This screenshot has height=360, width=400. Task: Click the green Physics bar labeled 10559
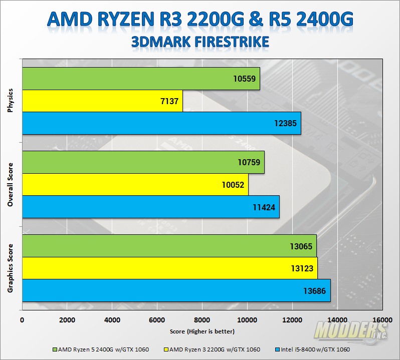(141, 79)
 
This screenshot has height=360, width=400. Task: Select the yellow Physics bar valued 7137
(102, 101)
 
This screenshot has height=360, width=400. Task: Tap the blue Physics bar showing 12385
(161, 123)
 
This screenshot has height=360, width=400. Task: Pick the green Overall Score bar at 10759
(143, 162)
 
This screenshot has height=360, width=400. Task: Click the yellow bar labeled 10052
(135, 185)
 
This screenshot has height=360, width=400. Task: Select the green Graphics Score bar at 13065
(169, 245)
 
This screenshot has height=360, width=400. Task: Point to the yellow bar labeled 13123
(169, 268)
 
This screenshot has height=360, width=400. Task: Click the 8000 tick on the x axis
(202, 320)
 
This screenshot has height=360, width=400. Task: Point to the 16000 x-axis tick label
(381, 320)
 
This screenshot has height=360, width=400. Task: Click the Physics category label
(11, 101)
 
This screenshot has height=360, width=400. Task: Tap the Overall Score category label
(11, 184)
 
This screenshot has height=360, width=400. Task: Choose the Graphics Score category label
(11, 268)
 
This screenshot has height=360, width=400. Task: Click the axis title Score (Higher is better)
(202, 331)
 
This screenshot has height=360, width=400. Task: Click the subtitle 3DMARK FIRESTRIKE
(200, 41)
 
